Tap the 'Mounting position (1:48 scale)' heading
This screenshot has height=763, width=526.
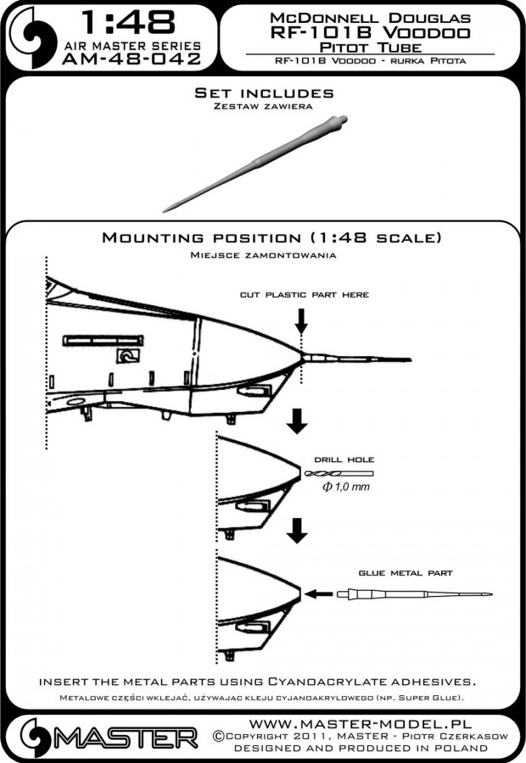click(271, 237)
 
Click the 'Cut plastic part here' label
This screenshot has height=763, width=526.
click(303, 294)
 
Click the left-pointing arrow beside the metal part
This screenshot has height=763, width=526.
click(319, 593)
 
